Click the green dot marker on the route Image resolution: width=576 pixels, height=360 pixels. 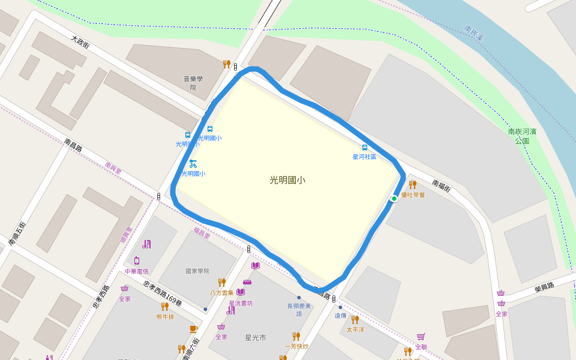[394, 199]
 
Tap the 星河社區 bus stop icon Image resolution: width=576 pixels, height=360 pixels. [364, 148]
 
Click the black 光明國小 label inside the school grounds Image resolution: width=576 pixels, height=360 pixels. [287, 179]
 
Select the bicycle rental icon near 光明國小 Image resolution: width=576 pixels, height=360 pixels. [193, 163]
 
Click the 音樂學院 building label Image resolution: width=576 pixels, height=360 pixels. [193, 83]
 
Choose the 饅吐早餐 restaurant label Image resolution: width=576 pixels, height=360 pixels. [412, 195]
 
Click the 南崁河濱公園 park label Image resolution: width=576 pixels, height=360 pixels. [521, 136]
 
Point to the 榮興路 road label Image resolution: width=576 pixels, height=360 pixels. [544, 287]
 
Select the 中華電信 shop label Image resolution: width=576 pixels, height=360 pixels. [136, 271]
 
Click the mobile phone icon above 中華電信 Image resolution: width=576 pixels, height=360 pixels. [137, 260]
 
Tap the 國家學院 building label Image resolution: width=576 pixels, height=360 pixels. [197, 271]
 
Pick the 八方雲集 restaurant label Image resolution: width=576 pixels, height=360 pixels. [221, 293]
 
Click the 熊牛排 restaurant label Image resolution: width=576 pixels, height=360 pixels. [165, 316]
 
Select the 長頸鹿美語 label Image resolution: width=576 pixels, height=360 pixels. [299, 310]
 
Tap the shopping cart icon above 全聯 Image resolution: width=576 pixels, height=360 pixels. [421, 337]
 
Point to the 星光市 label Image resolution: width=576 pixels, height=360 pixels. [256, 338]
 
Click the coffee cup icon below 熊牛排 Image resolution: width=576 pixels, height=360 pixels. [193, 328]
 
